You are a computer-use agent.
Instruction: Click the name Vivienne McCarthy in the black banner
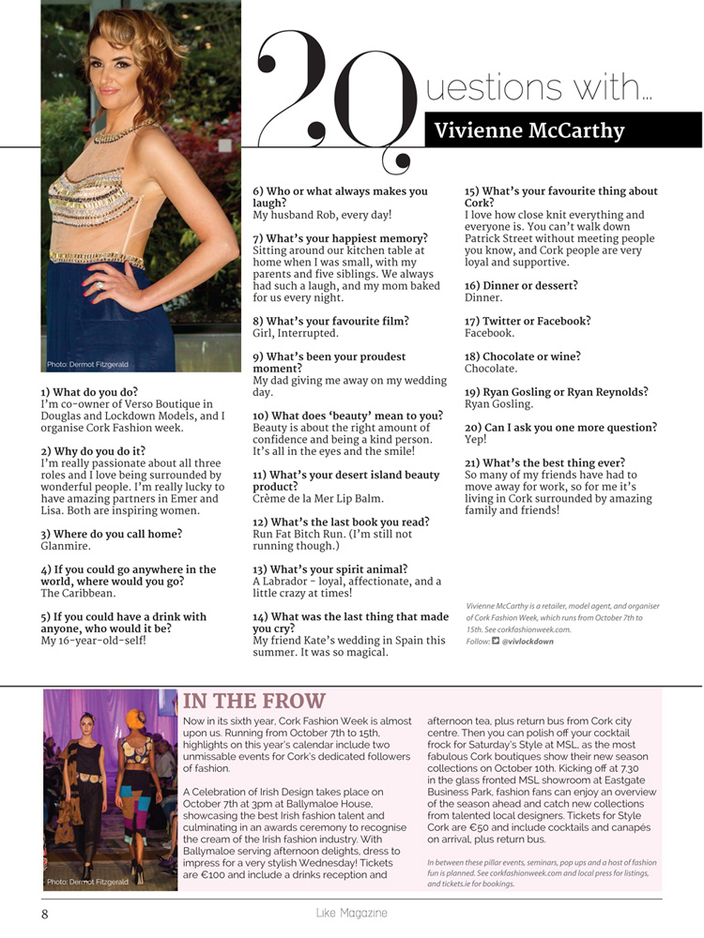[529, 130]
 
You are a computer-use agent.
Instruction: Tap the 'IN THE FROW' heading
[254, 701]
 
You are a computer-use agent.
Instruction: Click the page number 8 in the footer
[44, 913]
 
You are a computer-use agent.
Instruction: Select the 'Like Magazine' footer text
[351, 913]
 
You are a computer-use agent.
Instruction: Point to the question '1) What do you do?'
[89, 391]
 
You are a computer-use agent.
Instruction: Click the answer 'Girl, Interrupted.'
[296, 333]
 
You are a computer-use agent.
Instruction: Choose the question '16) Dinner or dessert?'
[521, 285]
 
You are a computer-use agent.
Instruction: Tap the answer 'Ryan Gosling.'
[498, 404]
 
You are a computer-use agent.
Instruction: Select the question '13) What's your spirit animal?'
[329, 569]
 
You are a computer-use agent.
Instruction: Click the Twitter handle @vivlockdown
[528, 642]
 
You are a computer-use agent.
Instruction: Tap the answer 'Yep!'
[477, 439]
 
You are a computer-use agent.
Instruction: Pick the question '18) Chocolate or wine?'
[522, 356]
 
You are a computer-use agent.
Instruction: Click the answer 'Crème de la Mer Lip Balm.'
[318, 498]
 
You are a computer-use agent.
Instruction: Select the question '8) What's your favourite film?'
[330, 321]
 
